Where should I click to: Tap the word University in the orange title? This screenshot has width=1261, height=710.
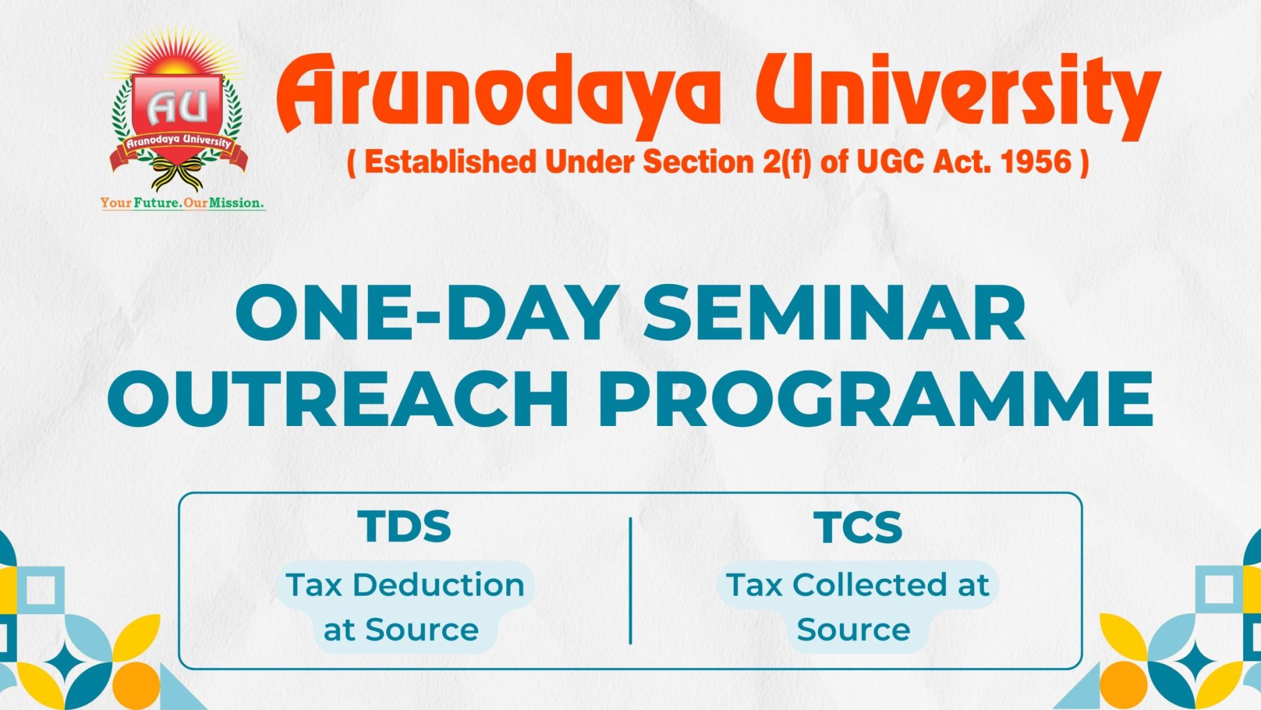click(x=959, y=92)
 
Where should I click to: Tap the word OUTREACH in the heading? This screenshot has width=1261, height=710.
click(x=339, y=398)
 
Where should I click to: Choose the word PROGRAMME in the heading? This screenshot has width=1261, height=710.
click(x=875, y=398)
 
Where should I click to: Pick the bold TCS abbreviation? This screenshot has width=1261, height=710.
click(x=858, y=527)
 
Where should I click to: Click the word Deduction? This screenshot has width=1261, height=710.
click(x=439, y=584)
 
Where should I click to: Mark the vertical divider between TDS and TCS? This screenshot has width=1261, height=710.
click(x=630, y=580)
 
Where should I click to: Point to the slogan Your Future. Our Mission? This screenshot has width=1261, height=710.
click(x=183, y=202)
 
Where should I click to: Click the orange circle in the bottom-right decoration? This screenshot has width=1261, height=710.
click(x=1123, y=684)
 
